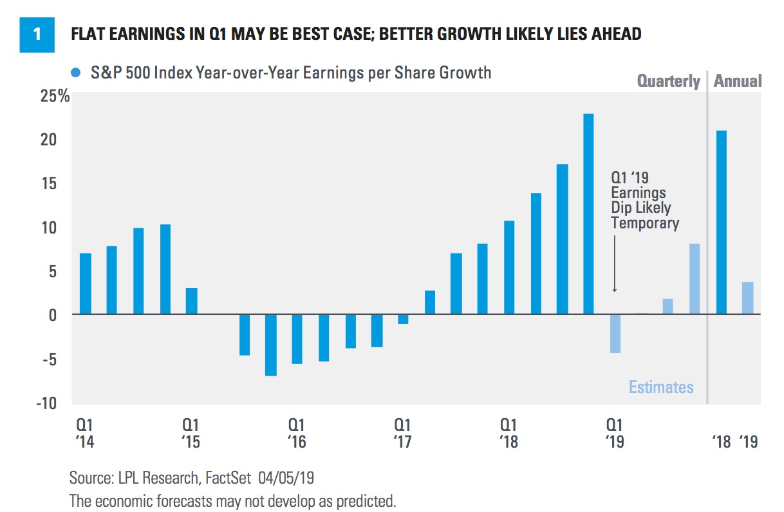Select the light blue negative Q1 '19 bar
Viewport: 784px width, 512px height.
615,333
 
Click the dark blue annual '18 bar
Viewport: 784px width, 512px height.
722,222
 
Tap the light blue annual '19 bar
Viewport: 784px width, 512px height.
747,298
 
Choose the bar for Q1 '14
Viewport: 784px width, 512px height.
85,284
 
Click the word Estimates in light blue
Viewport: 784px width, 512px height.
661,387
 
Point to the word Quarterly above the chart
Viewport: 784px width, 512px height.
668,81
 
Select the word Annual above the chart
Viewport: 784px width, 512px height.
738,81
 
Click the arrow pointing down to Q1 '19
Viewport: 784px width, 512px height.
615,264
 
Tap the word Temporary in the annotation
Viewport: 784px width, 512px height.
645,223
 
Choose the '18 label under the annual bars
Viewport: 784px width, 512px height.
721,443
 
